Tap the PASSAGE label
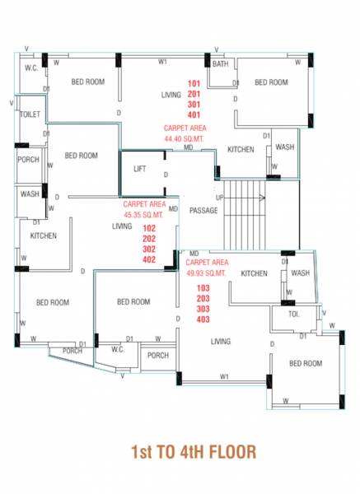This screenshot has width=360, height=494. tap(203, 211)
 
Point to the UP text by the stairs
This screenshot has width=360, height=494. tap(218, 198)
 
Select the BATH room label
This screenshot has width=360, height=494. tap(220, 63)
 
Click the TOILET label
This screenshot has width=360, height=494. tap(30, 115)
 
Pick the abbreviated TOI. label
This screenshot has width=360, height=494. tap(294, 315)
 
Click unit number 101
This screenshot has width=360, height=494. tap(194, 84)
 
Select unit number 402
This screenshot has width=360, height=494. tap(149, 259)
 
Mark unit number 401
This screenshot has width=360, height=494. tap(194, 115)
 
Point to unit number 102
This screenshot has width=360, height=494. tap(149, 227)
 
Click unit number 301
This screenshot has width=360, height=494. tap(194, 105)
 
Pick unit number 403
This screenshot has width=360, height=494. tap(203, 319)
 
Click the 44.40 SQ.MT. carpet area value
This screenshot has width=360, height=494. tap(185, 139)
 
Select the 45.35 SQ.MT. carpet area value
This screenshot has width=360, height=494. tap(144, 213)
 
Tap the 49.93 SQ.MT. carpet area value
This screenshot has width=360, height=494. tap(205, 273)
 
